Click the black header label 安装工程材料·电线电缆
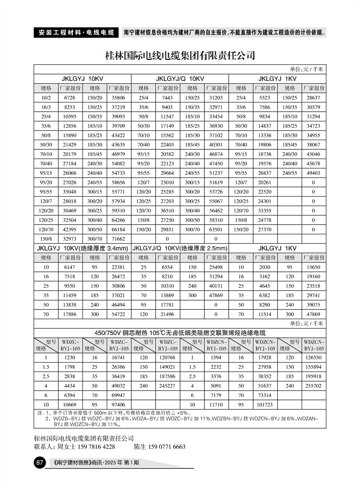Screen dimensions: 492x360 pos(76,32)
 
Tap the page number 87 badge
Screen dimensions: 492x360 pos(40,463)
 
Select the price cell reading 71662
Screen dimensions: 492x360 pos(118,239)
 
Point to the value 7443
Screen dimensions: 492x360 pos(167,98)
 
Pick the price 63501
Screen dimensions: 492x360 pos(216,229)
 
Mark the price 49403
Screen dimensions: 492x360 pos(313,173)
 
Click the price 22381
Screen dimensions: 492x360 pos(118,267)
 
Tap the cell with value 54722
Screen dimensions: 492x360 pos(118,315)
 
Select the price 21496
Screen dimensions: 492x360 pos(167,315)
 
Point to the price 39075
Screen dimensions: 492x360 pos(313,305)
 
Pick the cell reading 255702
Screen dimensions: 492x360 pos(313,386)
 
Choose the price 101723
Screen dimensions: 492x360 pos(265,405)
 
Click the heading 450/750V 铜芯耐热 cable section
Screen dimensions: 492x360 pos(180,333)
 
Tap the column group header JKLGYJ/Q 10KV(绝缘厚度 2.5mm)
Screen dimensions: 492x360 pos(180,248)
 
